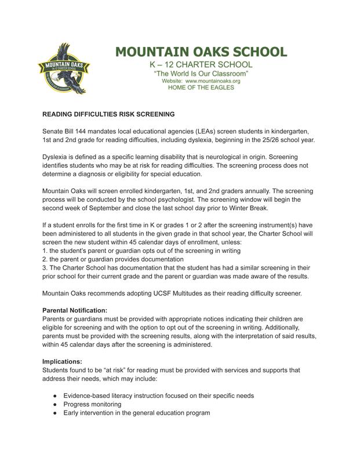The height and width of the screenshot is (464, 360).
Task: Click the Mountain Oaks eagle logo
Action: tap(66, 67)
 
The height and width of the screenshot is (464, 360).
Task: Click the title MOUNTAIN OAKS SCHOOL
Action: tap(199, 51)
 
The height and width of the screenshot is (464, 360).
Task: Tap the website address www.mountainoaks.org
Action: tap(212, 81)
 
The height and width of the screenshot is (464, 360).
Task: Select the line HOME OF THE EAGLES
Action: tap(201, 88)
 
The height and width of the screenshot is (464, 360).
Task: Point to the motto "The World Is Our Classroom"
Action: tap(201, 74)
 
